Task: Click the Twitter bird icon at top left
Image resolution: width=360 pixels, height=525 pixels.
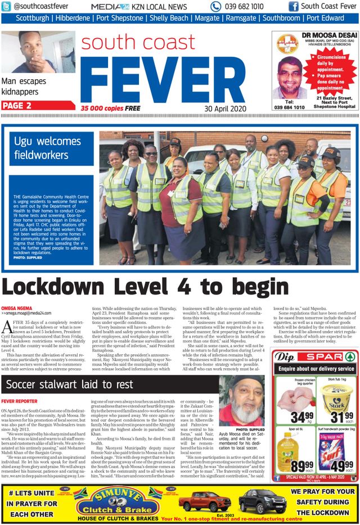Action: (x=7, y=7)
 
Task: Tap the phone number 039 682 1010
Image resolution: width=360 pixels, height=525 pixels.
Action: (x=244, y=7)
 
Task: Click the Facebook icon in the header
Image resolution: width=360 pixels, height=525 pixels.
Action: (x=293, y=7)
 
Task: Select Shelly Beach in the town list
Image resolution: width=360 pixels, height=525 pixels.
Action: (x=169, y=18)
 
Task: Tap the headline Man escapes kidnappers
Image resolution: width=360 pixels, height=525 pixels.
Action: (x=24, y=86)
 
